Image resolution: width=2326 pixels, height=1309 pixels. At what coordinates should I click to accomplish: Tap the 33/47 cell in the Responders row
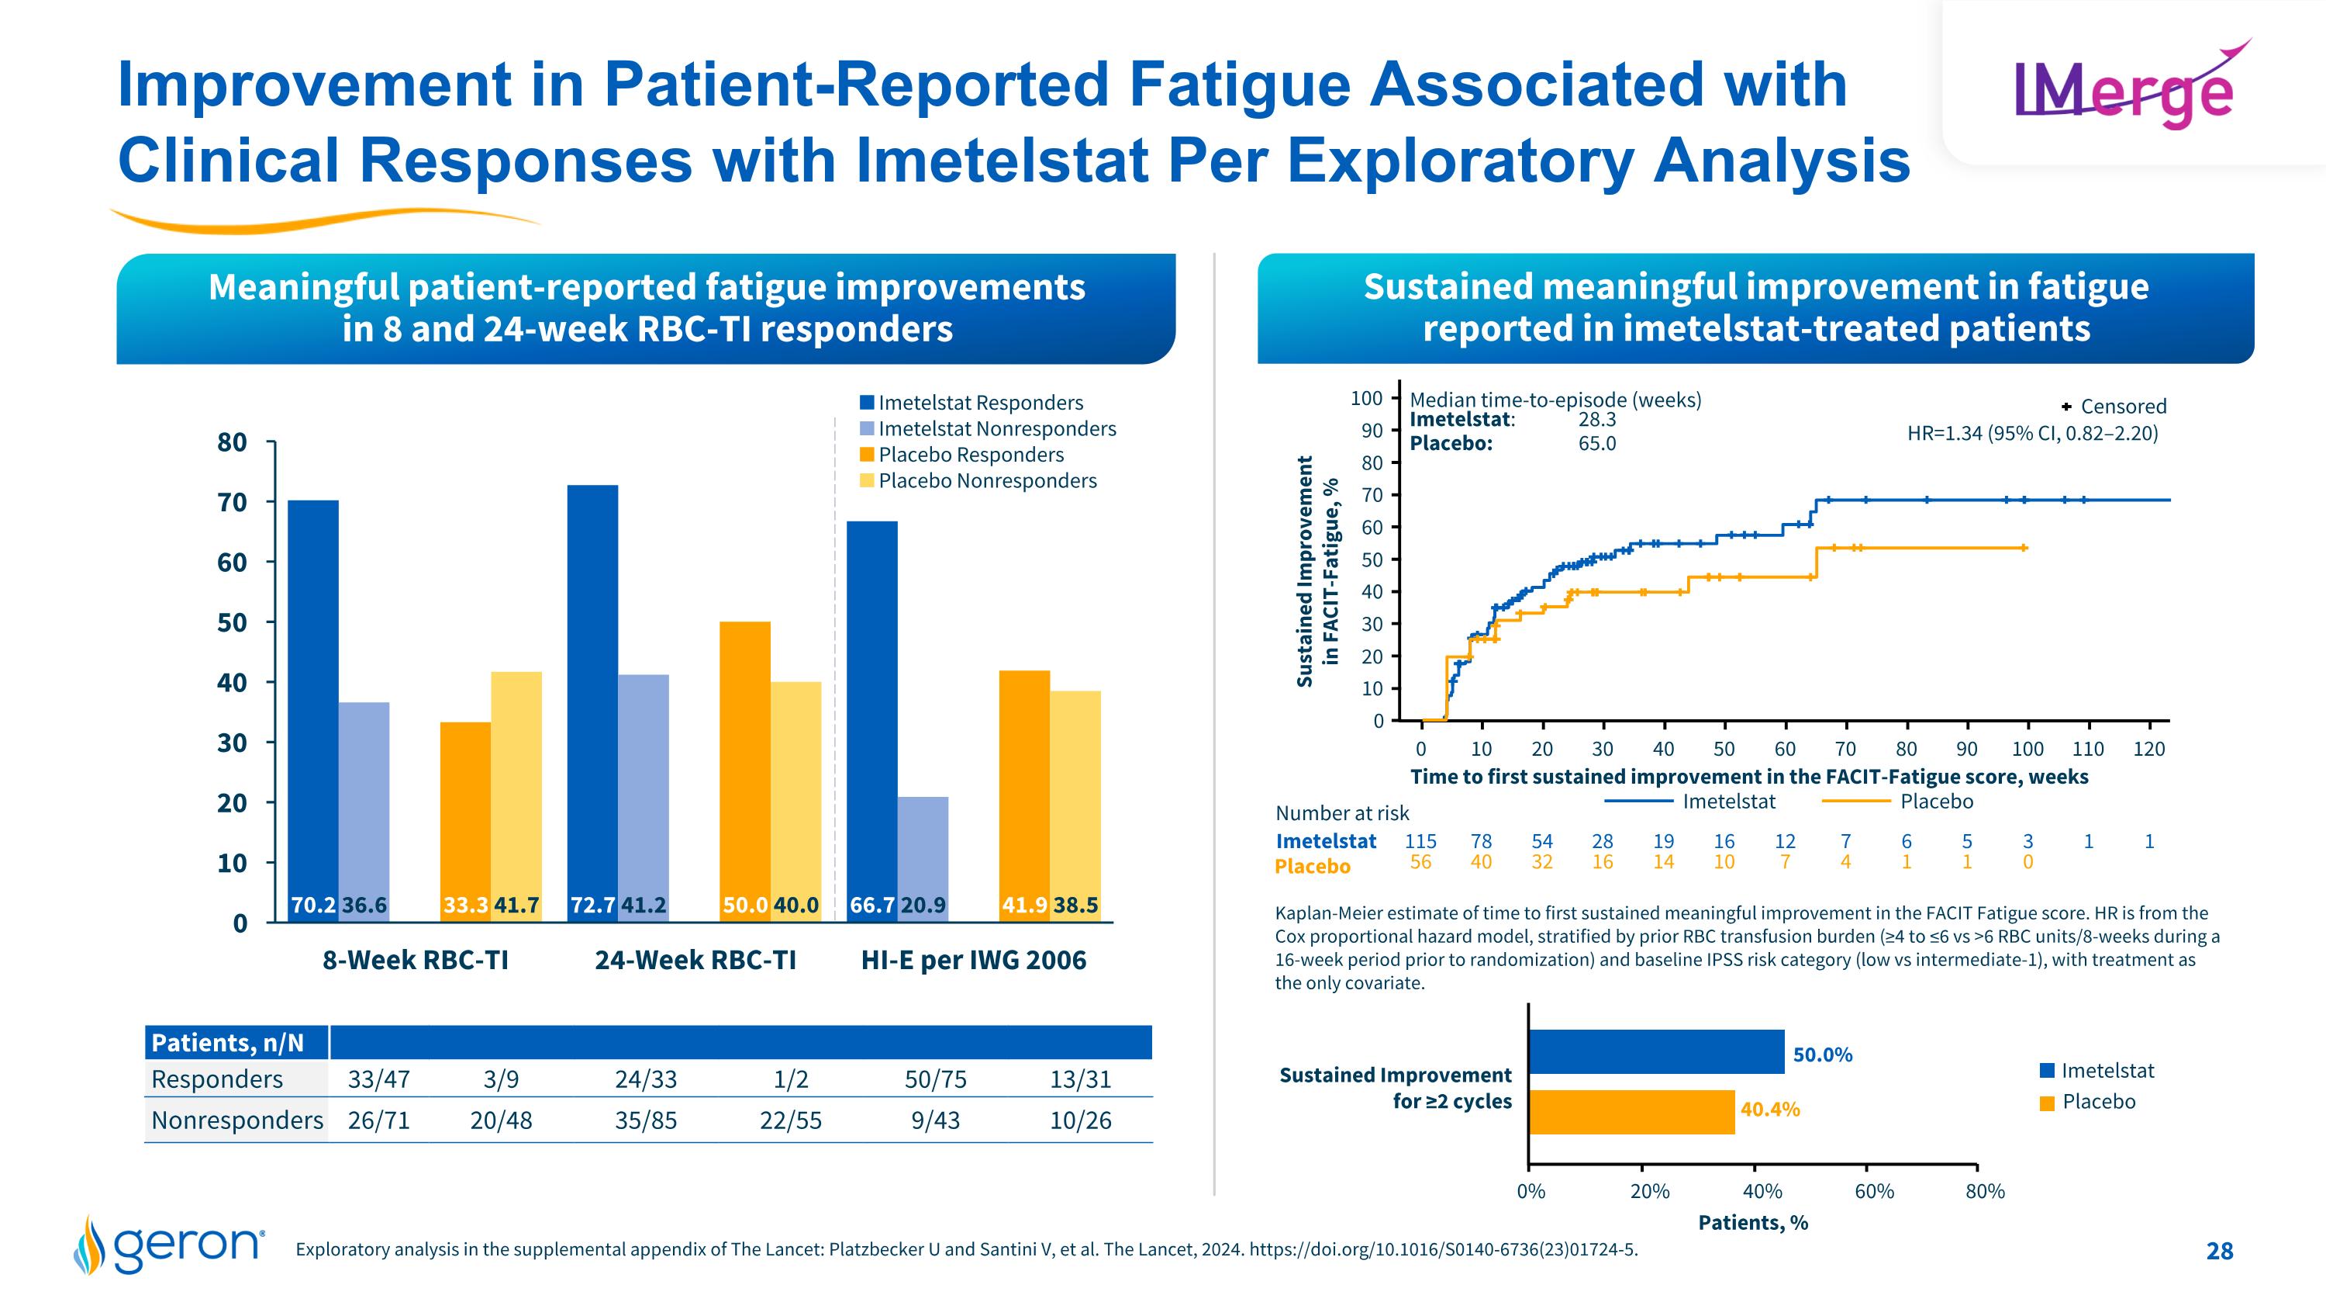click(379, 1079)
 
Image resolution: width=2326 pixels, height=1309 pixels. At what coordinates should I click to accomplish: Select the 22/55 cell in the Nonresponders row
click(791, 1121)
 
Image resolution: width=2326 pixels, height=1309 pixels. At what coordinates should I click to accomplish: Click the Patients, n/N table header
click(227, 1044)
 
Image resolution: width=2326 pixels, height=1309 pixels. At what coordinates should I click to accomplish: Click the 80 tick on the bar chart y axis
click(232, 442)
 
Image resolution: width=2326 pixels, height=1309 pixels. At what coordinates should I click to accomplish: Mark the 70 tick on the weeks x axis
click(1845, 749)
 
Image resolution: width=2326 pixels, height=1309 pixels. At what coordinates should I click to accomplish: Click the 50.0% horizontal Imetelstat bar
click(1656, 1052)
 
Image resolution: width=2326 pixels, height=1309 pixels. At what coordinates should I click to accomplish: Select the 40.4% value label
click(1770, 1110)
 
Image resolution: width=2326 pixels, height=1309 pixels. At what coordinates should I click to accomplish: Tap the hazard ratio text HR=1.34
click(2031, 434)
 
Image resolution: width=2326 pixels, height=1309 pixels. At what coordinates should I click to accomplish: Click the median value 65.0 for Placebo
click(1596, 444)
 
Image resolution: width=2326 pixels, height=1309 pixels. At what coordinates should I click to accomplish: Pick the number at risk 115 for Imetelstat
click(1420, 841)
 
